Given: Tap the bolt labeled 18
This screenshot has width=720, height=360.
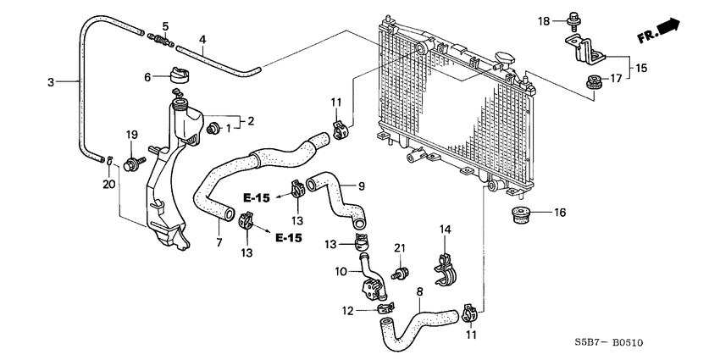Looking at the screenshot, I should coord(574,19).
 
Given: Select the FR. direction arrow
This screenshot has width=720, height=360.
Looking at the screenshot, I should coord(660,31).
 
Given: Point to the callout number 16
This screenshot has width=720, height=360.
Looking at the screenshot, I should coord(558,212).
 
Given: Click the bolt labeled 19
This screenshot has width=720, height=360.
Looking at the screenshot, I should coord(133,161).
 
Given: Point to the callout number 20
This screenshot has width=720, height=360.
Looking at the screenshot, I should coord(108,184).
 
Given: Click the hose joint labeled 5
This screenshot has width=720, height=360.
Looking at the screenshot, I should coord(160,39).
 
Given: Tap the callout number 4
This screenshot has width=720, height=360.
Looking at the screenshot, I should coord(202,39).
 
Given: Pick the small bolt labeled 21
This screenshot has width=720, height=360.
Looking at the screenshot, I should coord(402,274).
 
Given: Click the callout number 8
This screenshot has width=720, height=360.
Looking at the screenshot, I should coord(420,292).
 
